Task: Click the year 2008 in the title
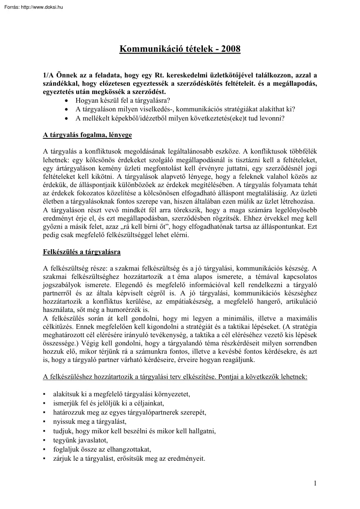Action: [x=230, y=49]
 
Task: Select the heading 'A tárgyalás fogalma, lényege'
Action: [x=87, y=135]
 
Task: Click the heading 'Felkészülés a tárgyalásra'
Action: [x=82, y=252]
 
